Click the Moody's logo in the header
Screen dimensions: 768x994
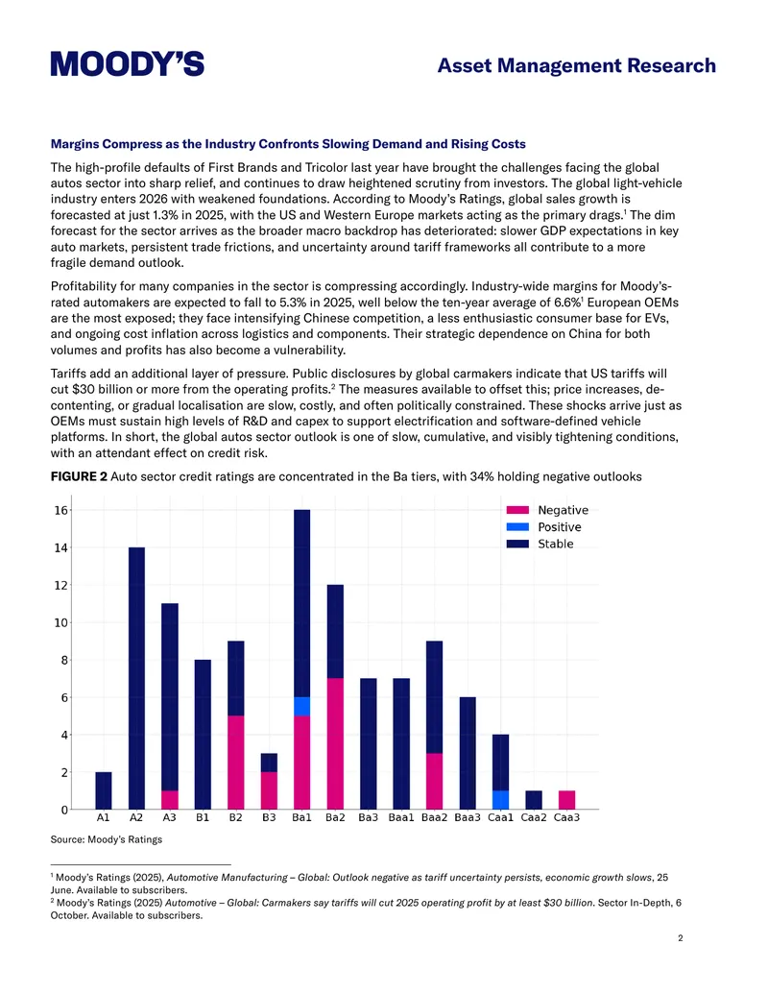(128, 64)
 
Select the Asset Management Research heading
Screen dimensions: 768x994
(577, 65)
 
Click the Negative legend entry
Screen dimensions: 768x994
(547, 510)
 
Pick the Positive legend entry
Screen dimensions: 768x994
(543, 527)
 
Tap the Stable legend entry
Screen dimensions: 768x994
(540, 544)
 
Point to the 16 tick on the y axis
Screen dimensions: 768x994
(60, 510)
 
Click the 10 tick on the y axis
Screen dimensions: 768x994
(60, 622)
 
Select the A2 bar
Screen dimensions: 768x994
(136, 678)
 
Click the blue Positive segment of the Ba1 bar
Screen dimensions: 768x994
(301, 707)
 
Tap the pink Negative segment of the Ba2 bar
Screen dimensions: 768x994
(335, 744)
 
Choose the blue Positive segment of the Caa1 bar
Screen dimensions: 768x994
(500, 800)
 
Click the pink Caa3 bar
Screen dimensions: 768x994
(566, 800)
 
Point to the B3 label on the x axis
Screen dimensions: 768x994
(269, 817)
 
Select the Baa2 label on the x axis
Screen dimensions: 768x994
(434, 817)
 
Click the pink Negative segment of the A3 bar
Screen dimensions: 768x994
(170, 800)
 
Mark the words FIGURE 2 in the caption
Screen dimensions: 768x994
(80, 476)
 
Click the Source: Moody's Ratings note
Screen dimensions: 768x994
(107, 839)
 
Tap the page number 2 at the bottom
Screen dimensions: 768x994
(681, 938)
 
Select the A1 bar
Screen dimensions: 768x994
(104, 790)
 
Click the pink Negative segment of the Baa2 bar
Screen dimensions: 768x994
(434, 782)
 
